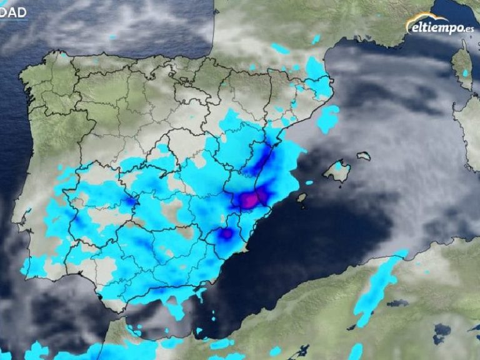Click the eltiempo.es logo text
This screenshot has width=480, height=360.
click(441, 27)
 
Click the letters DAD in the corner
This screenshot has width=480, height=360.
click(13, 12)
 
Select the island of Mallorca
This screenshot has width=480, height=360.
click(337, 170)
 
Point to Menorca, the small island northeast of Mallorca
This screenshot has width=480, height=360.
click(364, 156)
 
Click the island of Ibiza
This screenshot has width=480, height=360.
click(301, 198)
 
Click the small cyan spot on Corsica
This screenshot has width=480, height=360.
click(465, 73)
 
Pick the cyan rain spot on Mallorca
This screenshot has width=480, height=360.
click(338, 167)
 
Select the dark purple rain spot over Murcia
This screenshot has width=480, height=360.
click(226, 234)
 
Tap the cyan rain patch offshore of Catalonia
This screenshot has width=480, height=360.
click(327, 119)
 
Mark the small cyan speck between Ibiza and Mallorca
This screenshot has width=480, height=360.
click(309, 182)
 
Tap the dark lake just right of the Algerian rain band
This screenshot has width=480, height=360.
click(397, 304)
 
